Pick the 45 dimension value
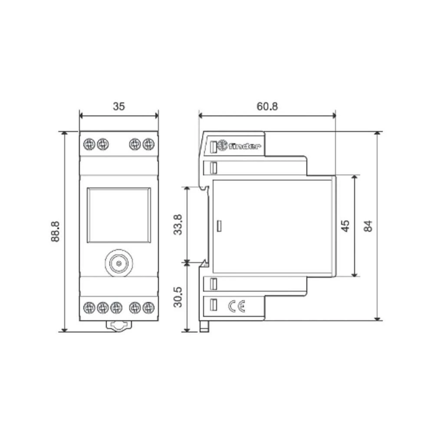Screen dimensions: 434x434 [345, 226]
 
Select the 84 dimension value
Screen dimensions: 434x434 [368, 226]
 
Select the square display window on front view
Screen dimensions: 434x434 [119, 216]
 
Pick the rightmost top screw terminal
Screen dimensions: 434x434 [148, 143]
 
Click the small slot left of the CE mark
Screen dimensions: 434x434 [213, 305]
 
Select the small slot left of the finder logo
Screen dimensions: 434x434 [213, 147]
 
